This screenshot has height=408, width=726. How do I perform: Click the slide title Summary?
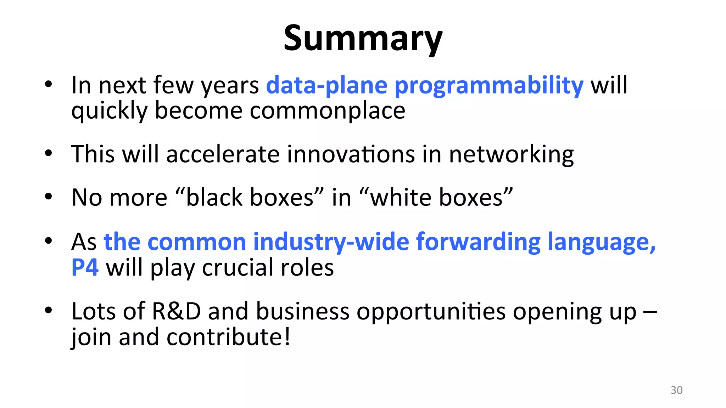363,38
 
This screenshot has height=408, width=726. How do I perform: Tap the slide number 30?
676,390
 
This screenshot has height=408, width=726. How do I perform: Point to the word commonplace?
328,111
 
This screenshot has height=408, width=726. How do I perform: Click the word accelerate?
223,154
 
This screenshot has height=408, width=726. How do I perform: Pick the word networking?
511,154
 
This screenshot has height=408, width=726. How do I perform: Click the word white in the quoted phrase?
401,197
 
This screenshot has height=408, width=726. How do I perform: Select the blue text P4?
85,267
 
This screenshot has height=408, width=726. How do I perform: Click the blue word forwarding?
478,242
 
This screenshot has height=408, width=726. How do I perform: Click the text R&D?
176,311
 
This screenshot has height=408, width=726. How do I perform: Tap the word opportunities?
431,311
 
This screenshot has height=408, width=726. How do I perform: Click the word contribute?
229,337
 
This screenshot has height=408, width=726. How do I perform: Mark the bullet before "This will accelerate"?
49,154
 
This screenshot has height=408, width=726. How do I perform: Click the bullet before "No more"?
49,197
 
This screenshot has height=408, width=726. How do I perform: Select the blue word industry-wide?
331,242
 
